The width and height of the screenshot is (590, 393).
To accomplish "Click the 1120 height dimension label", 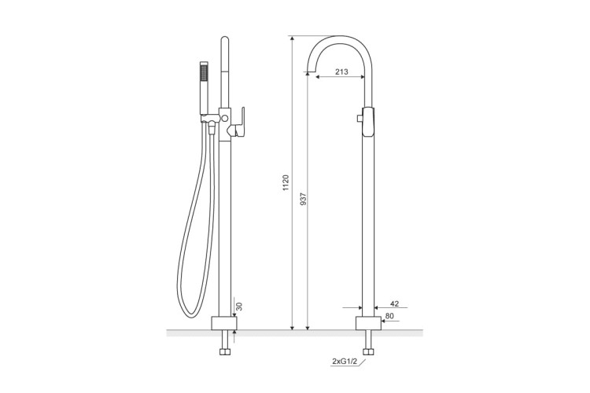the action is coord(286,182).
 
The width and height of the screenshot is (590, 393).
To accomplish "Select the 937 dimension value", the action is coord(304,199).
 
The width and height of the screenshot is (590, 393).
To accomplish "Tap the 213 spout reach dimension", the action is coord(341,72).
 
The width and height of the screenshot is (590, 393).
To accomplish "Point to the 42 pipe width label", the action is coord(394,303).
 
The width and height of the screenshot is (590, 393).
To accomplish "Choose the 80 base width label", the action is coord(390,316).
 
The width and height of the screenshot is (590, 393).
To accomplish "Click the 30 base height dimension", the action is coord(239,306).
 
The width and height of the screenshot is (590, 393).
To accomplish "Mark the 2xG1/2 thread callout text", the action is coord(345,362).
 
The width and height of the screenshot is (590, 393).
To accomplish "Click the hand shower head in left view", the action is coord(204,87).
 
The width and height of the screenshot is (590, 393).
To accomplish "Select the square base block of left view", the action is coord(224,323).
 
